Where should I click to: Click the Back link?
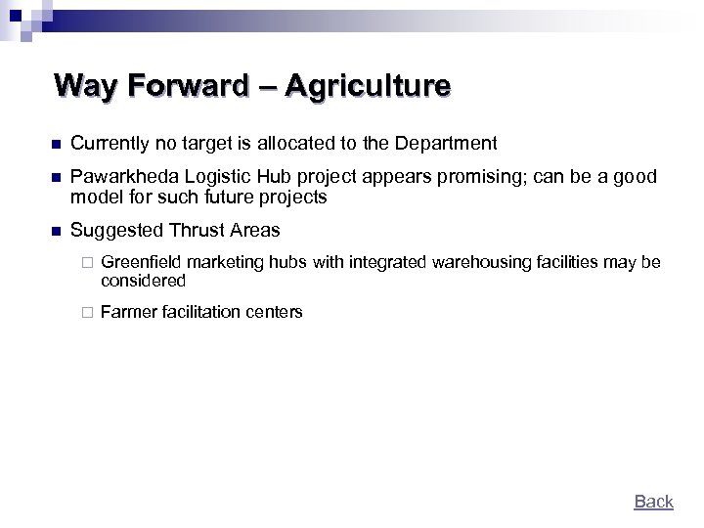(653, 502)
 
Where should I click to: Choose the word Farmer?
(126, 313)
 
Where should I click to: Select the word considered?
(143, 281)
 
